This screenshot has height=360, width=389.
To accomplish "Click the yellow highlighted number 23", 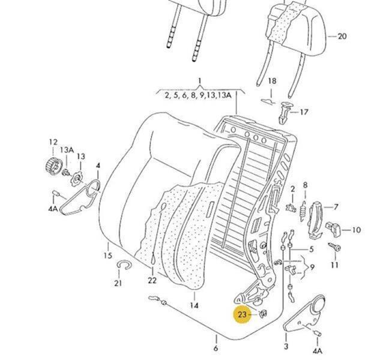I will (243, 314).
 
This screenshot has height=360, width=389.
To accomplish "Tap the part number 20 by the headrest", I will (342, 36).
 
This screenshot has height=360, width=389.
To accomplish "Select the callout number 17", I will (304, 112).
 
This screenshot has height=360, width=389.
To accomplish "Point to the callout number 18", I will (272, 81).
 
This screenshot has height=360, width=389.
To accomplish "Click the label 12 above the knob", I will (53, 142).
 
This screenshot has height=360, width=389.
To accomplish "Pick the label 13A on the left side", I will (66, 150).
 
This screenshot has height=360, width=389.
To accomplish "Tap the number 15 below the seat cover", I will (108, 256).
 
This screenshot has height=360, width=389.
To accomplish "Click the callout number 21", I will (118, 283).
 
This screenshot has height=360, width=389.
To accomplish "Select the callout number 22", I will (152, 280).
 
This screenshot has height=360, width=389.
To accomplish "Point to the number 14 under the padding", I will (194, 305).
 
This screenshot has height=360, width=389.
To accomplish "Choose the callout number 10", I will (356, 230).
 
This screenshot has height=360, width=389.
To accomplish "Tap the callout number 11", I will (334, 265).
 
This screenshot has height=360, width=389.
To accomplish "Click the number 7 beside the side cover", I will (336, 207).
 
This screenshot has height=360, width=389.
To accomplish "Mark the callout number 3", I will (286, 347).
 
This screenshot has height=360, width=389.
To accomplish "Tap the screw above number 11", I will (334, 247).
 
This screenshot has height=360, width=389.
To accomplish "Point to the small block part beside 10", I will (333, 228).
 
